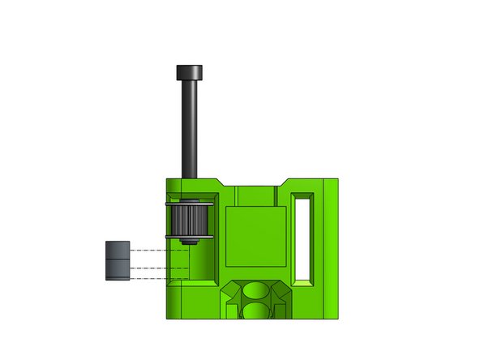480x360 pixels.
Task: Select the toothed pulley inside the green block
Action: pyautogui.click(x=191, y=220)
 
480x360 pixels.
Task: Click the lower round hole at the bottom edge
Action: pyautogui.click(x=257, y=311)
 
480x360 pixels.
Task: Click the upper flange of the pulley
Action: pyautogui.click(x=191, y=204)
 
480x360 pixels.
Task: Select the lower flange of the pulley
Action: pyautogui.click(x=191, y=236)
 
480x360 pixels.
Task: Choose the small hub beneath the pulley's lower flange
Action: pyautogui.click(x=191, y=242)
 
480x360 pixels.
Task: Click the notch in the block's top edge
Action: pyautogui.click(x=257, y=182)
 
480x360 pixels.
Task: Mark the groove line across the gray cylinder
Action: pyautogui.click(x=118, y=257)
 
